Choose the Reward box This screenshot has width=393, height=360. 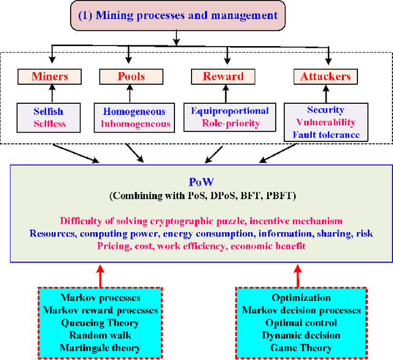click(x=224, y=77)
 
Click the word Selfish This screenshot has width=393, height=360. click(x=49, y=112)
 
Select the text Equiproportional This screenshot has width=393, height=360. click(x=230, y=111)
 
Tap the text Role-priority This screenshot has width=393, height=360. click(x=230, y=123)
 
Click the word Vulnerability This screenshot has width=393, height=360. click(x=326, y=122)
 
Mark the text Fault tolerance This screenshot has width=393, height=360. click(x=326, y=135)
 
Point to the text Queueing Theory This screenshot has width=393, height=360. click(x=99, y=323)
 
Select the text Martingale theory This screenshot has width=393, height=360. click(x=99, y=347)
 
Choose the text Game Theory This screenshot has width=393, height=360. click(x=301, y=347)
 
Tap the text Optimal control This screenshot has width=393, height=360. click(x=301, y=323)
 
